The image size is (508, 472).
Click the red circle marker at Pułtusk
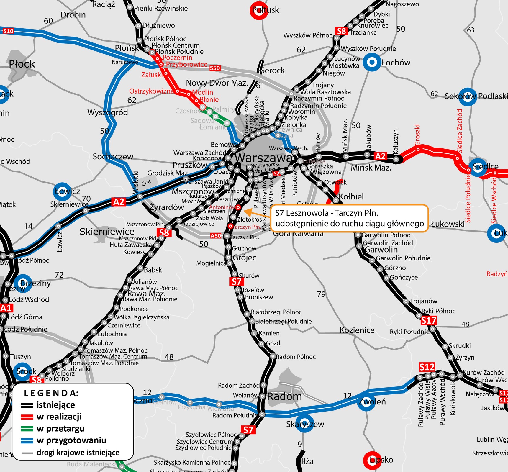pyautogui.click(x=259, y=11)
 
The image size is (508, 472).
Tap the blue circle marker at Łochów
pyautogui.click(x=372, y=62)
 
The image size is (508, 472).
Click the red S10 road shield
pyautogui.click(x=8, y=31)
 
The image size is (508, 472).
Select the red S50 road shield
pyautogui.click(x=215, y=68)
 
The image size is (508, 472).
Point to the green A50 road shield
pyautogui.click(x=216, y=235)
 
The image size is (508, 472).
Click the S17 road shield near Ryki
pyautogui.click(x=428, y=320)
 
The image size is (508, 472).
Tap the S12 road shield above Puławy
pyautogui.click(x=427, y=367)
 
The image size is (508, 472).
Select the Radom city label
pyautogui.click(x=284, y=396)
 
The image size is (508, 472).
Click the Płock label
pyautogui.click(x=22, y=64)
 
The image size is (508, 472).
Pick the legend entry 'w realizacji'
pyautogui.click(x=59, y=417)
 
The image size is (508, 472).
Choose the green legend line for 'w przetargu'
pyautogui.click(x=27, y=429)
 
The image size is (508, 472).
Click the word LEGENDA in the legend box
pyautogui.click(x=51, y=393)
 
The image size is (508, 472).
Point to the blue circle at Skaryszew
pyautogui.click(x=304, y=424)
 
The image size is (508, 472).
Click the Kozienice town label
pyautogui.click(x=357, y=330)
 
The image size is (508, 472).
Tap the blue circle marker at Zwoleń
pyautogui.click(x=366, y=402)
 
